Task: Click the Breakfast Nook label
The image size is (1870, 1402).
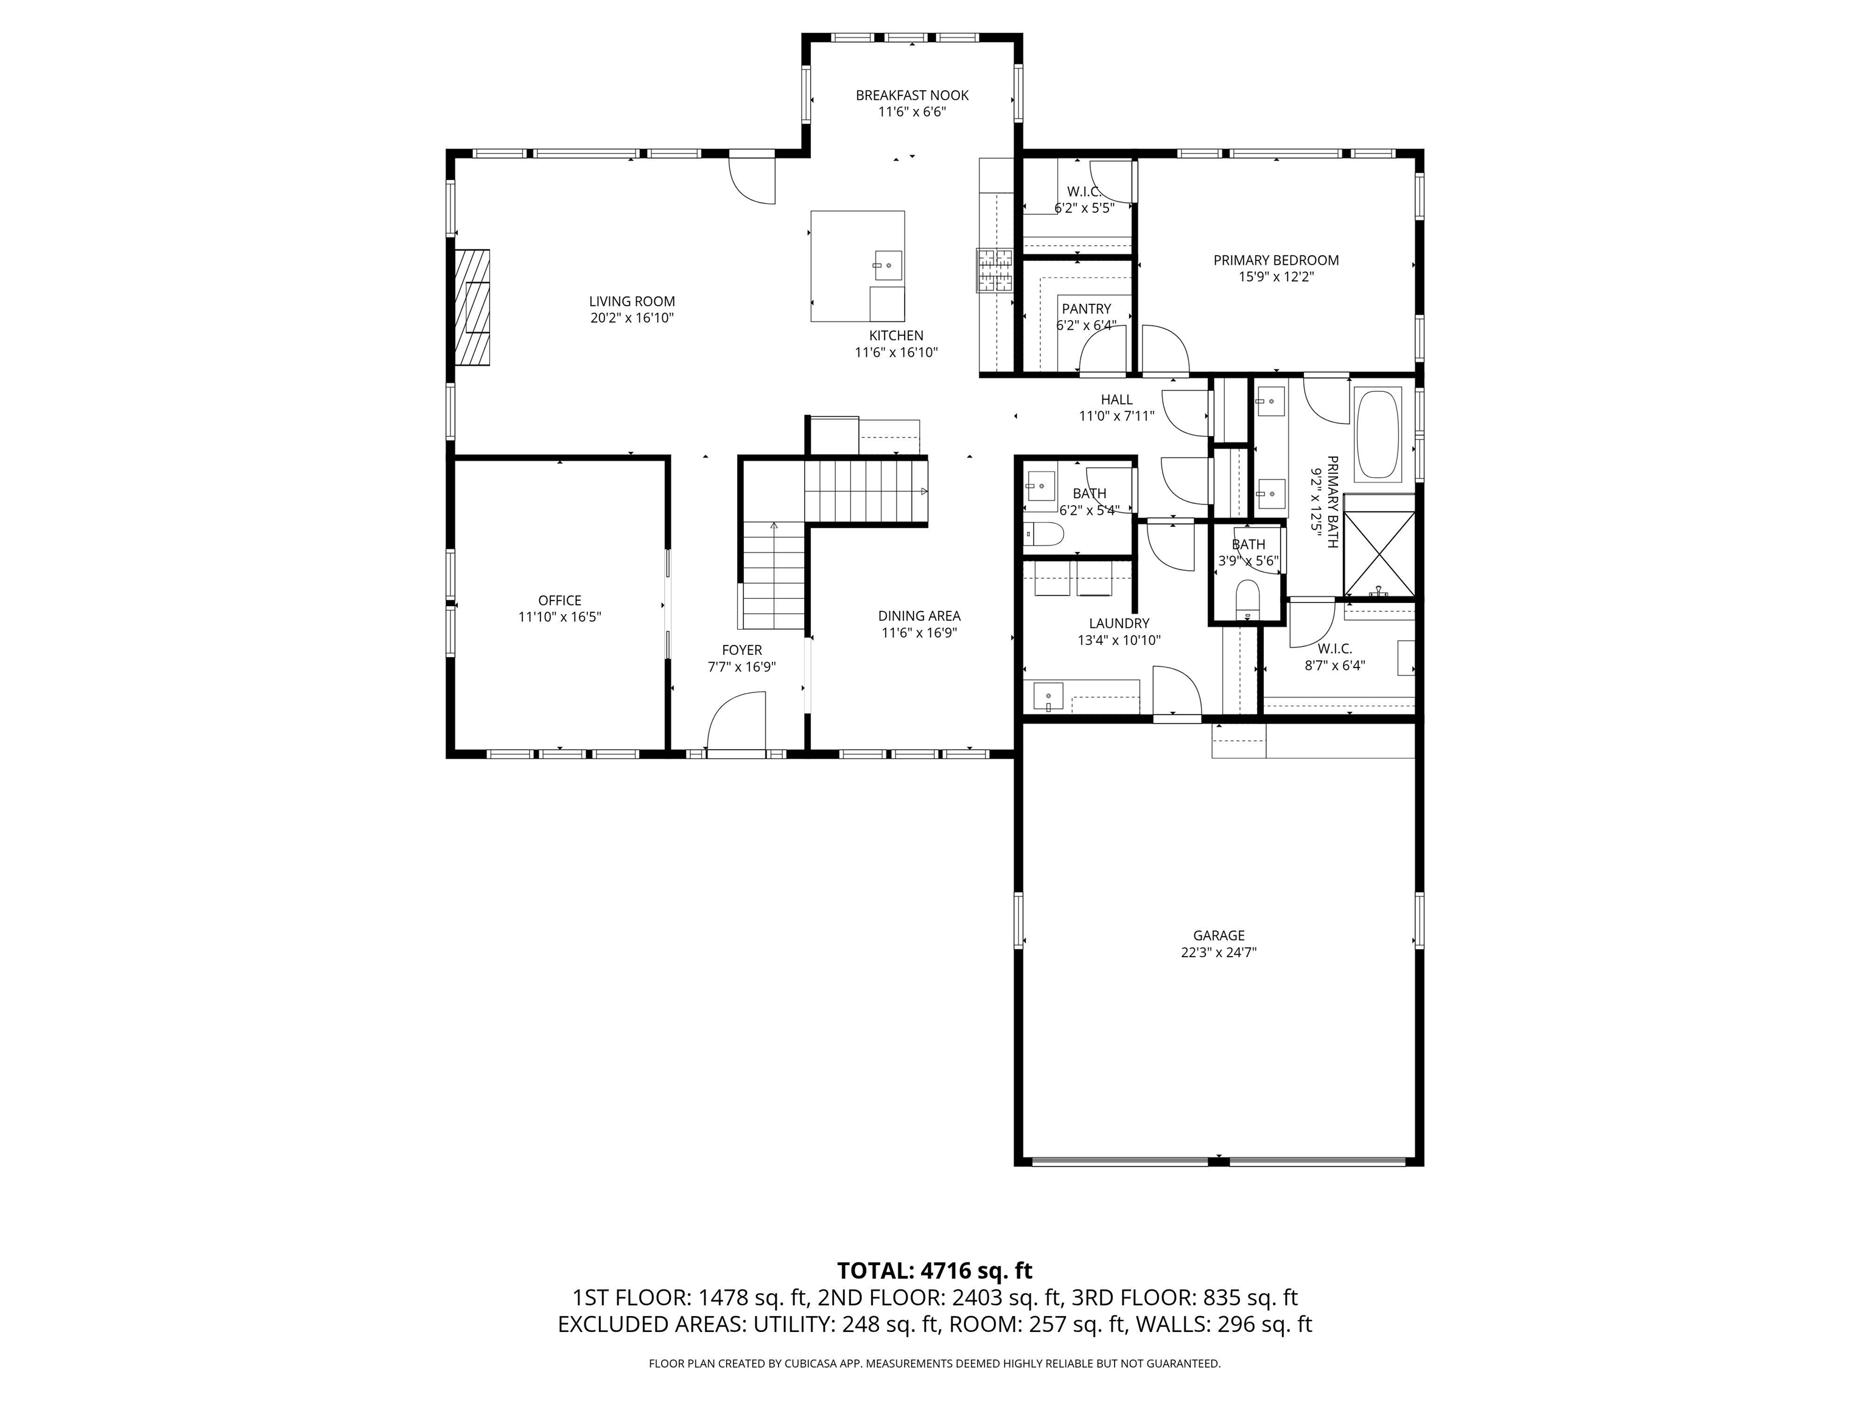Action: tap(911, 96)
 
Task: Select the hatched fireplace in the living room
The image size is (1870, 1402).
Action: tap(472, 308)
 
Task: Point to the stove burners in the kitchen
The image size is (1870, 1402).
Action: tap(995, 270)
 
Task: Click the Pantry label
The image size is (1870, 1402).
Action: tap(1087, 309)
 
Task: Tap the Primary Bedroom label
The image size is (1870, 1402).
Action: tap(1276, 260)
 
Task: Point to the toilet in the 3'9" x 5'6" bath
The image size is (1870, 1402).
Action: tap(1248, 598)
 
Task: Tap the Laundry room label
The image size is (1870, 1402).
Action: tap(1118, 624)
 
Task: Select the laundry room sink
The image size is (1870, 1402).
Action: tap(1048, 698)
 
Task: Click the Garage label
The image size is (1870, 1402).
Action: tap(1218, 935)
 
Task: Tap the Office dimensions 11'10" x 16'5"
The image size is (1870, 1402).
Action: tap(559, 618)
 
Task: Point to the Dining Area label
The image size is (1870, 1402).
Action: tap(919, 616)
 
